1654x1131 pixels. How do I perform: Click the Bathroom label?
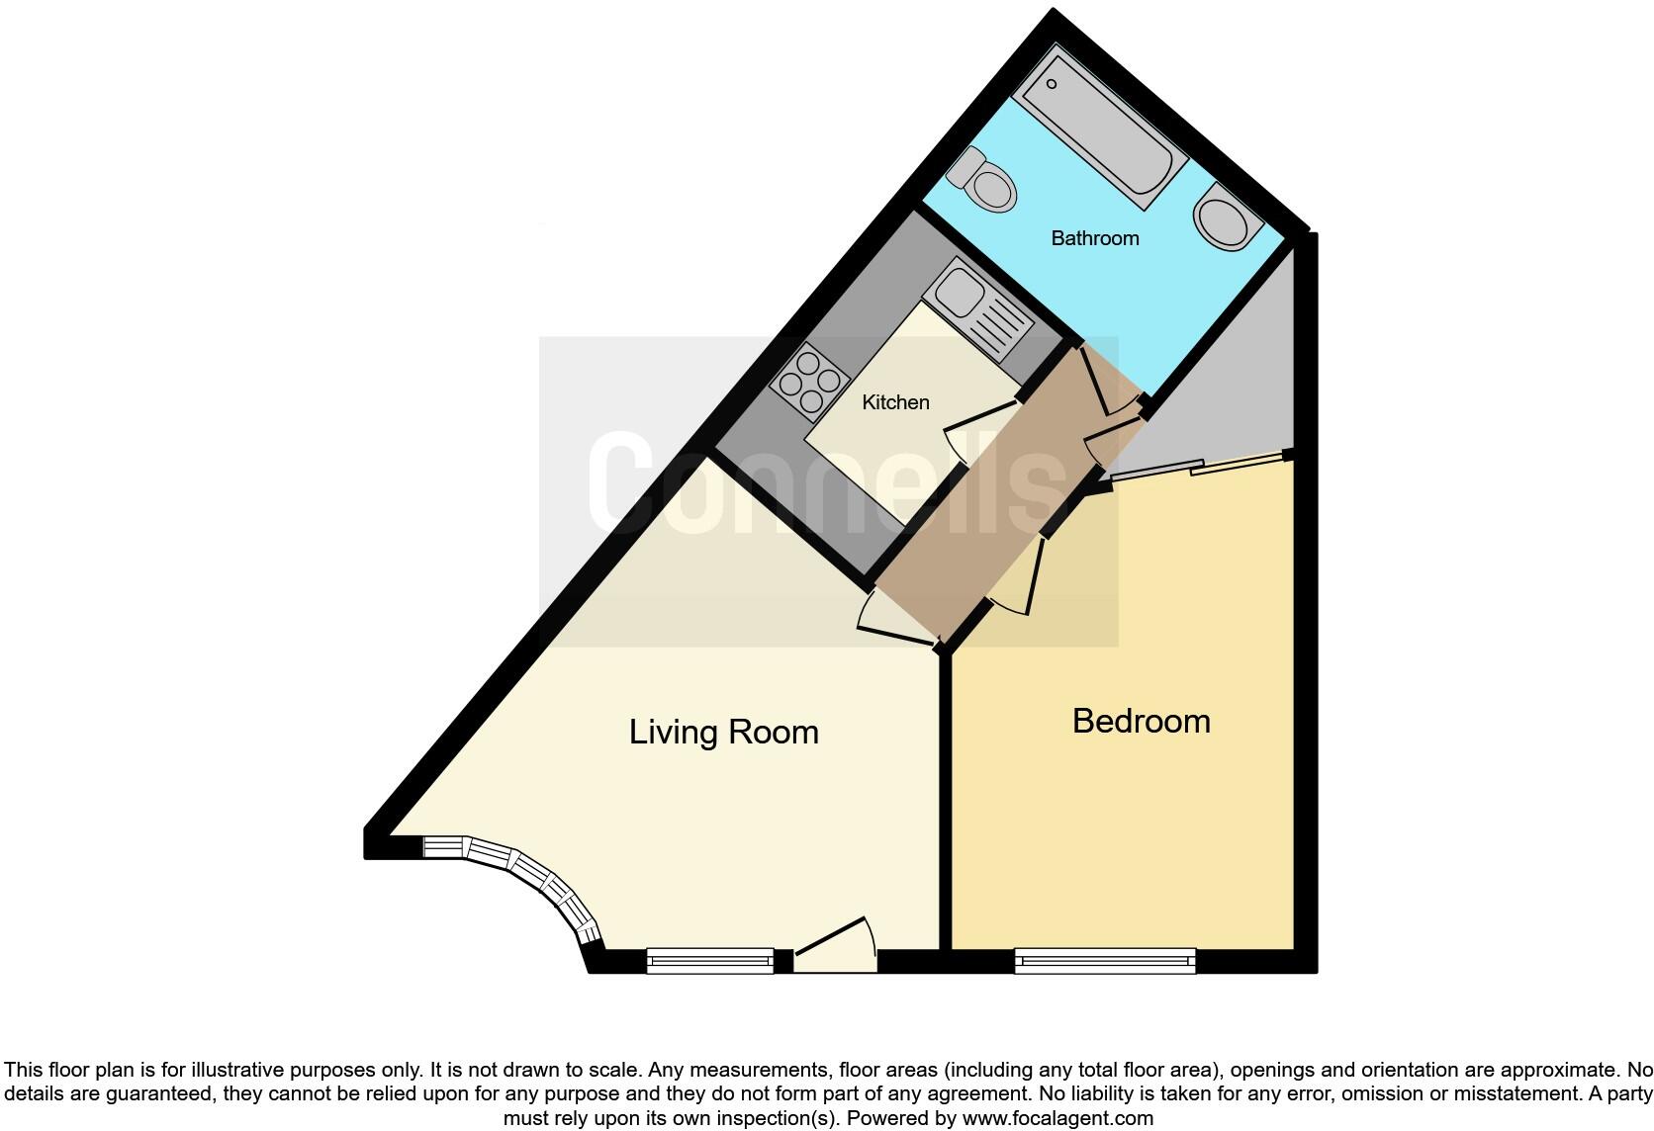pyautogui.click(x=1094, y=238)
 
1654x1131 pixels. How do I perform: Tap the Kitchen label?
pyautogui.click(x=895, y=402)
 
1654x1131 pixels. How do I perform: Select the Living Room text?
pyautogui.click(x=724, y=733)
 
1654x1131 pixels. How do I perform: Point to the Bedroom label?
pyautogui.click(x=1141, y=721)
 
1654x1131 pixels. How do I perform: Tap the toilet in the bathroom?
pyautogui.click(x=984, y=184)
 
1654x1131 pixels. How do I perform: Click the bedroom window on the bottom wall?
pyautogui.click(x=1105, y=960)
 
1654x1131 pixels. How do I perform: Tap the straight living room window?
pyautogui.click(x=709, y=960)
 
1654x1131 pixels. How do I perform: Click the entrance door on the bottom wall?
pyautogui.click(x=837, y=946)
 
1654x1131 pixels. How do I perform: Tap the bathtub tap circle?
pyautogui.click(x=1052, y=84)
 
